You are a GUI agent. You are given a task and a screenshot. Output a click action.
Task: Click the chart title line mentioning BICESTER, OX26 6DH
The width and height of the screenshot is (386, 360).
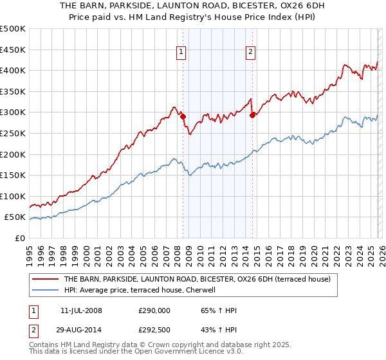click(192, 6)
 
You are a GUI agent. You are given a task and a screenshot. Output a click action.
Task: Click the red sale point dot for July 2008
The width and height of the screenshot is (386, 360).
click(183, 116)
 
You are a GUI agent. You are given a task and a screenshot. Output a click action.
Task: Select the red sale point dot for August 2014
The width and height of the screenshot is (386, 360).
click(252, 116)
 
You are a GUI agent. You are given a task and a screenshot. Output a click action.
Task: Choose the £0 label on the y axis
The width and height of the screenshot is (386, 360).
click(19, 238)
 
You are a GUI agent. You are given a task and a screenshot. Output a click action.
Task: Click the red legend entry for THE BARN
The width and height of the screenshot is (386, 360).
click(197, 279)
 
